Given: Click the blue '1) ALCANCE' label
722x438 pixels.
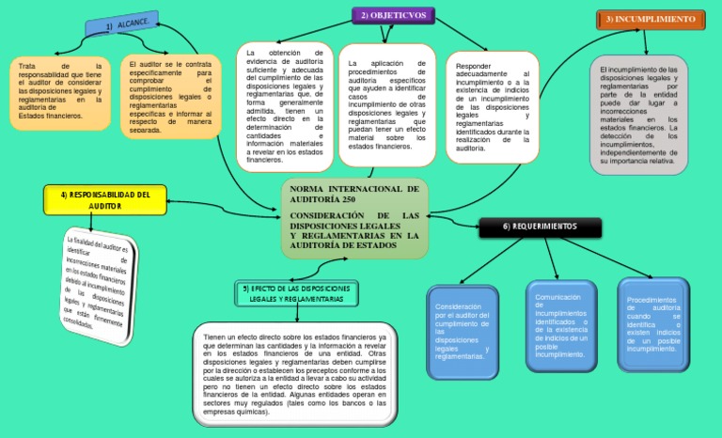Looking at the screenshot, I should (x=123, y=24).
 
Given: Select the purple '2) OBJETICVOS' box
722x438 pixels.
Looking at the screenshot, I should (x=393, y=15).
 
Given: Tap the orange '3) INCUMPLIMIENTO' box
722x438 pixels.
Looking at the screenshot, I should (x=651, y=20).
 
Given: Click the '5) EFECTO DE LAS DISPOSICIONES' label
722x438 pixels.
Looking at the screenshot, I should (x=297, y=292).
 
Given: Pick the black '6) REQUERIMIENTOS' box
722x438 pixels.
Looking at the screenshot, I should (x=540, y=227).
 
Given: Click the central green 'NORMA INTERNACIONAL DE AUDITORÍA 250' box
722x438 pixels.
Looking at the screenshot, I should (x=354, y=217).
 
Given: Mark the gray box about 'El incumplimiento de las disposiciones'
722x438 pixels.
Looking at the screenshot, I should (x=639, y=115).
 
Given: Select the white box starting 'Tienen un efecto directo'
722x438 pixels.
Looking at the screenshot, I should (x=294, y=373).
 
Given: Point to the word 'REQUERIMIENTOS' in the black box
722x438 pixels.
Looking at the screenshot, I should (x=544, y=227).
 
